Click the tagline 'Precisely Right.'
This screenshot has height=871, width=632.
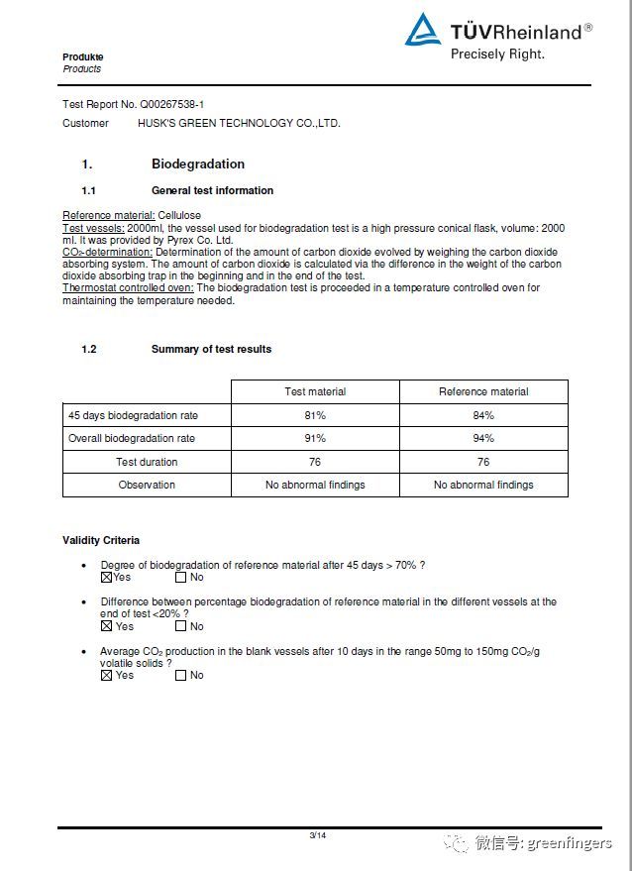click(x=497, y=54)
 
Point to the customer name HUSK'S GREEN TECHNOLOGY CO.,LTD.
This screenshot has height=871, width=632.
click(x=239, y=123)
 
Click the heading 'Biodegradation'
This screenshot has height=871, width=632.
click(x=197, y=164)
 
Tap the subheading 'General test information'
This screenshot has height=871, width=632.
click(x=212, y=190)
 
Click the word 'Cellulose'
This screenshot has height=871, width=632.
click(x=179, y=215)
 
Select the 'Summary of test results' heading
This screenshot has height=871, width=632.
click(x=211, y=349)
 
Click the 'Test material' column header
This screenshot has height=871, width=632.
click(x=315, y=391)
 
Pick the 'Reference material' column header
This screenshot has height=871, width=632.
click(x=483, y=391)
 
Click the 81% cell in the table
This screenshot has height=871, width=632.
click(x=315, y=415)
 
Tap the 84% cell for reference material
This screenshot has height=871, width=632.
click(x=483, y=415)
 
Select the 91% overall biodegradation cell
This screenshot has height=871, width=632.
click(x=315, y=438)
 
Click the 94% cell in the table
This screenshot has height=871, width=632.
click(x=483, y=438)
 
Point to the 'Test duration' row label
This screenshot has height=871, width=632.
click(x=147, y=462)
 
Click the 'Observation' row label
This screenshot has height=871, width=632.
click(x=147, y=485)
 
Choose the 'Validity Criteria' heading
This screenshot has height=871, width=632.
click(x=101, y=540)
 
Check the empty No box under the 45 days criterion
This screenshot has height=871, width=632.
click(x=180, y=577)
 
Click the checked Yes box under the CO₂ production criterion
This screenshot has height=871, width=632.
click(x=106, y=675)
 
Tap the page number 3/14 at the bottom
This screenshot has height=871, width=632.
click(x=317, y=835)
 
